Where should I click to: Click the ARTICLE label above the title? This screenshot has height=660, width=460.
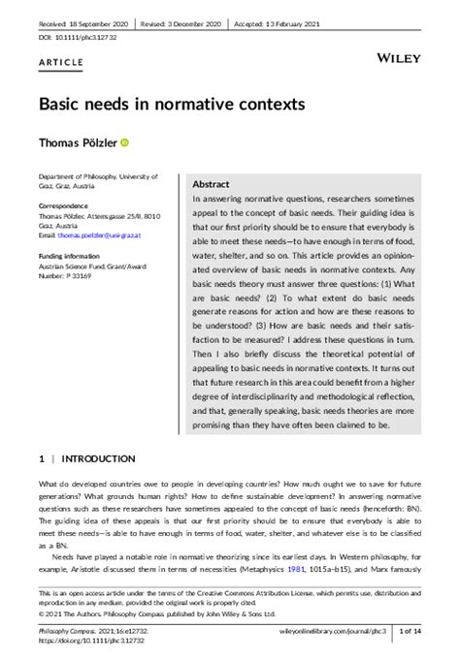coord(60,60)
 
